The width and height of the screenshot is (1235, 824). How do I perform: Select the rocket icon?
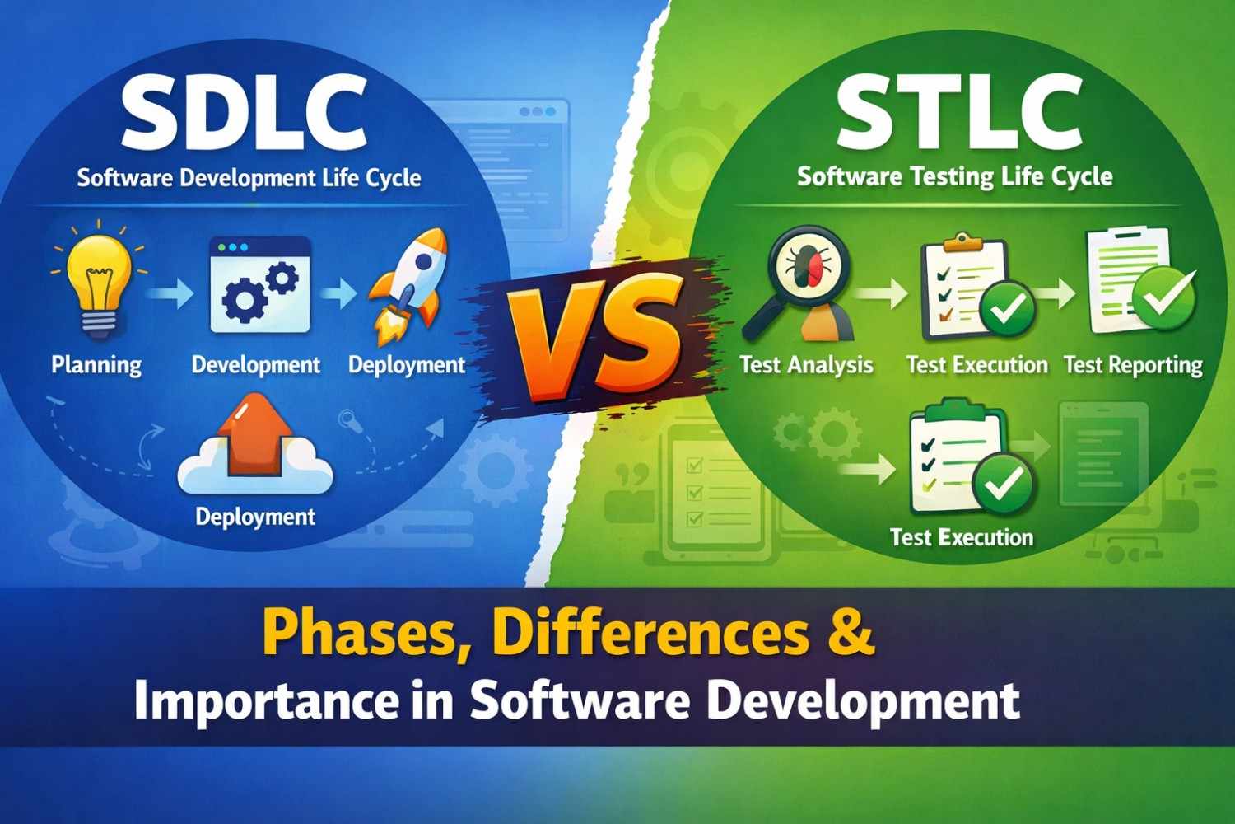(x=408, y=284)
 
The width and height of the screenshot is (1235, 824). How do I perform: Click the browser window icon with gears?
(x=260, y=285)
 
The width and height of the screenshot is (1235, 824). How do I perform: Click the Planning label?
(x=96, y=364)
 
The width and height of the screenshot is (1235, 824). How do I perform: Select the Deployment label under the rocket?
(x=407, y=364)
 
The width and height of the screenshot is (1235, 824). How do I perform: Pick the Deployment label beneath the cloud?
(x=255, y=517)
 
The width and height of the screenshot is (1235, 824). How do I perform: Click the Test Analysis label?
(x=806, y=364)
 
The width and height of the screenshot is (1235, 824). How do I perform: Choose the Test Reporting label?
(x=1133, y=364)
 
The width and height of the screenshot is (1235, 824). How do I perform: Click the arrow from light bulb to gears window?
(x=172, y=293)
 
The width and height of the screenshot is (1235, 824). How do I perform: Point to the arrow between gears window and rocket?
(x=338, y=293)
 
